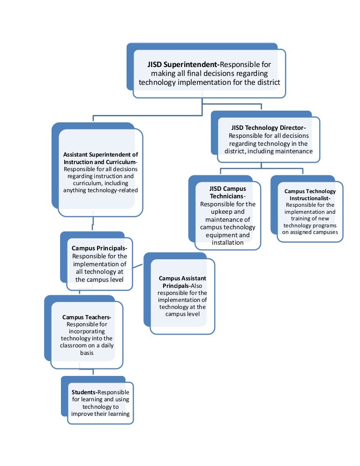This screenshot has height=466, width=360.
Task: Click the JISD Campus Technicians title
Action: point(227,192)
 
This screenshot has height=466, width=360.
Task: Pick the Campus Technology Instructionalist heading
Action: point(310,195)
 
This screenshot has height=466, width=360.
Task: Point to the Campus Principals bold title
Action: point(99,248)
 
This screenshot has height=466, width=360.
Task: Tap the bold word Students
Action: point(83,392)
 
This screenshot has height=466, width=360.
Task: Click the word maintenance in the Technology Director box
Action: point(293,151)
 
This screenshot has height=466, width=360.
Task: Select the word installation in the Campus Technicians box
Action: point(227,243)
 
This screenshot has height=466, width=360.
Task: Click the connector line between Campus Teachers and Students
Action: point(93,371)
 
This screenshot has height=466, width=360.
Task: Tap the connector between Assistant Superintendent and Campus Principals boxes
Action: point(94,224)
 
